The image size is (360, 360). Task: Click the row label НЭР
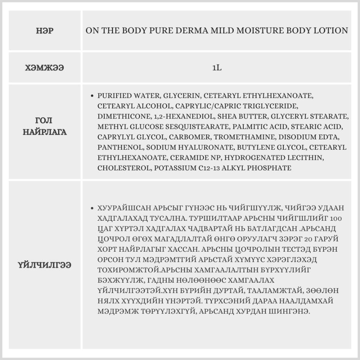click(45, 31)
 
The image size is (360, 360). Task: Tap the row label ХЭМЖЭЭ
click(45, 68)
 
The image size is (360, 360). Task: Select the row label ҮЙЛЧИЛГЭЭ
click(45, 265)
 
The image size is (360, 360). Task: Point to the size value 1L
click(217, 68)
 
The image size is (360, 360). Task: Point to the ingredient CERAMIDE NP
click(193, 158)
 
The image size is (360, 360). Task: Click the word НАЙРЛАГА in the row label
click(45, 132)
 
